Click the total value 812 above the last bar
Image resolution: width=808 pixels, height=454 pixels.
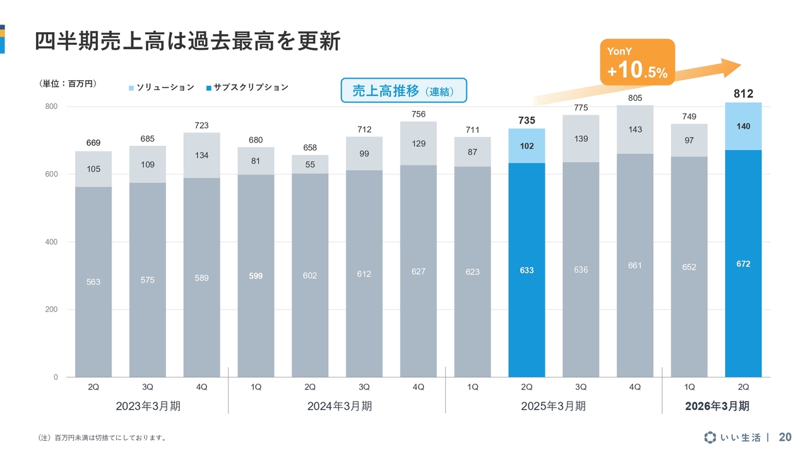pyautogui.click(x=743, y=94)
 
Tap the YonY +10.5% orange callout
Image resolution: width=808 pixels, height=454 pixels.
pyautogui.click(x=637, y=62)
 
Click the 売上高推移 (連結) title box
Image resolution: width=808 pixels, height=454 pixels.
pyautogui.click(x=403, y=91)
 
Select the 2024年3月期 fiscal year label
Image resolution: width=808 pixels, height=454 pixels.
pyautogui.click(x=339, y=406)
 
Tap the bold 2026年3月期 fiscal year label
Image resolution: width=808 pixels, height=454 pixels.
pyautogui.click(x=717, y=406)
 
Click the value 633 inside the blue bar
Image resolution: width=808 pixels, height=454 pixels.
pyautogui.click(x=526, y=271)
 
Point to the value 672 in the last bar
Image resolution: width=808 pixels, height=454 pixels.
pyautogui.click(x=743, y=264)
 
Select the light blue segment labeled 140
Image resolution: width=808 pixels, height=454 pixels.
pyautogui.click(x=743, y=126)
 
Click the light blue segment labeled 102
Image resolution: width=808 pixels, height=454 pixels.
pyautogui.click(x=526, y=146)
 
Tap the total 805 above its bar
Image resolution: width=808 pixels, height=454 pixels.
pyautogui.click(x=635, y=98)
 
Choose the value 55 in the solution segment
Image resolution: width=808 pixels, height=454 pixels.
pyautogui.click(x=310, y=165)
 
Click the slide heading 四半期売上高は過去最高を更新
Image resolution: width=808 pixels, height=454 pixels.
pyautogui.click(x=187, y=41)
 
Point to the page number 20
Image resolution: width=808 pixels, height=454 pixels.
pyautogui.click(x=785, y=437)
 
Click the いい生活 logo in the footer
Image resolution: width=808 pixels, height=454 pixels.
pyautogui.click(x=733, y=437)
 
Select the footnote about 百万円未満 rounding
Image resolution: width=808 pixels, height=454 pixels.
pyautogui.click(x=102, y=438)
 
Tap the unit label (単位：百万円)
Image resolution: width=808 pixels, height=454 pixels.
pyautogui.click(x=68, y=84)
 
